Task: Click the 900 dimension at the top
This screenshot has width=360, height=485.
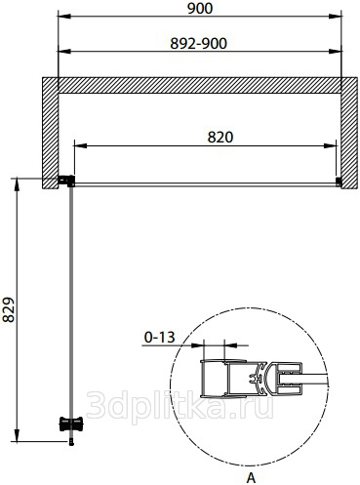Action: click(200, 9)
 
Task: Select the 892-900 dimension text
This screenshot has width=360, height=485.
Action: click(198, 44)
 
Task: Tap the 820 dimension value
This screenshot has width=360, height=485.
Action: click(220, 138)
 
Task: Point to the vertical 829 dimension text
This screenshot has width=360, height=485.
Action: click(9, 309)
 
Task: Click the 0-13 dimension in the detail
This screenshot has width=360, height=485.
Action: click(159, 338)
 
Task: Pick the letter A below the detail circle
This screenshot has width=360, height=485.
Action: click(251, 477)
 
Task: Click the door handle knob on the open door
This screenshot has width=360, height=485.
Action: click(71, 424)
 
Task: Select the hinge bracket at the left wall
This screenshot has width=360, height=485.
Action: click(66, 181)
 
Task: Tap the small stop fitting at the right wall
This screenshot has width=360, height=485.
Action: click(339, 182)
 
